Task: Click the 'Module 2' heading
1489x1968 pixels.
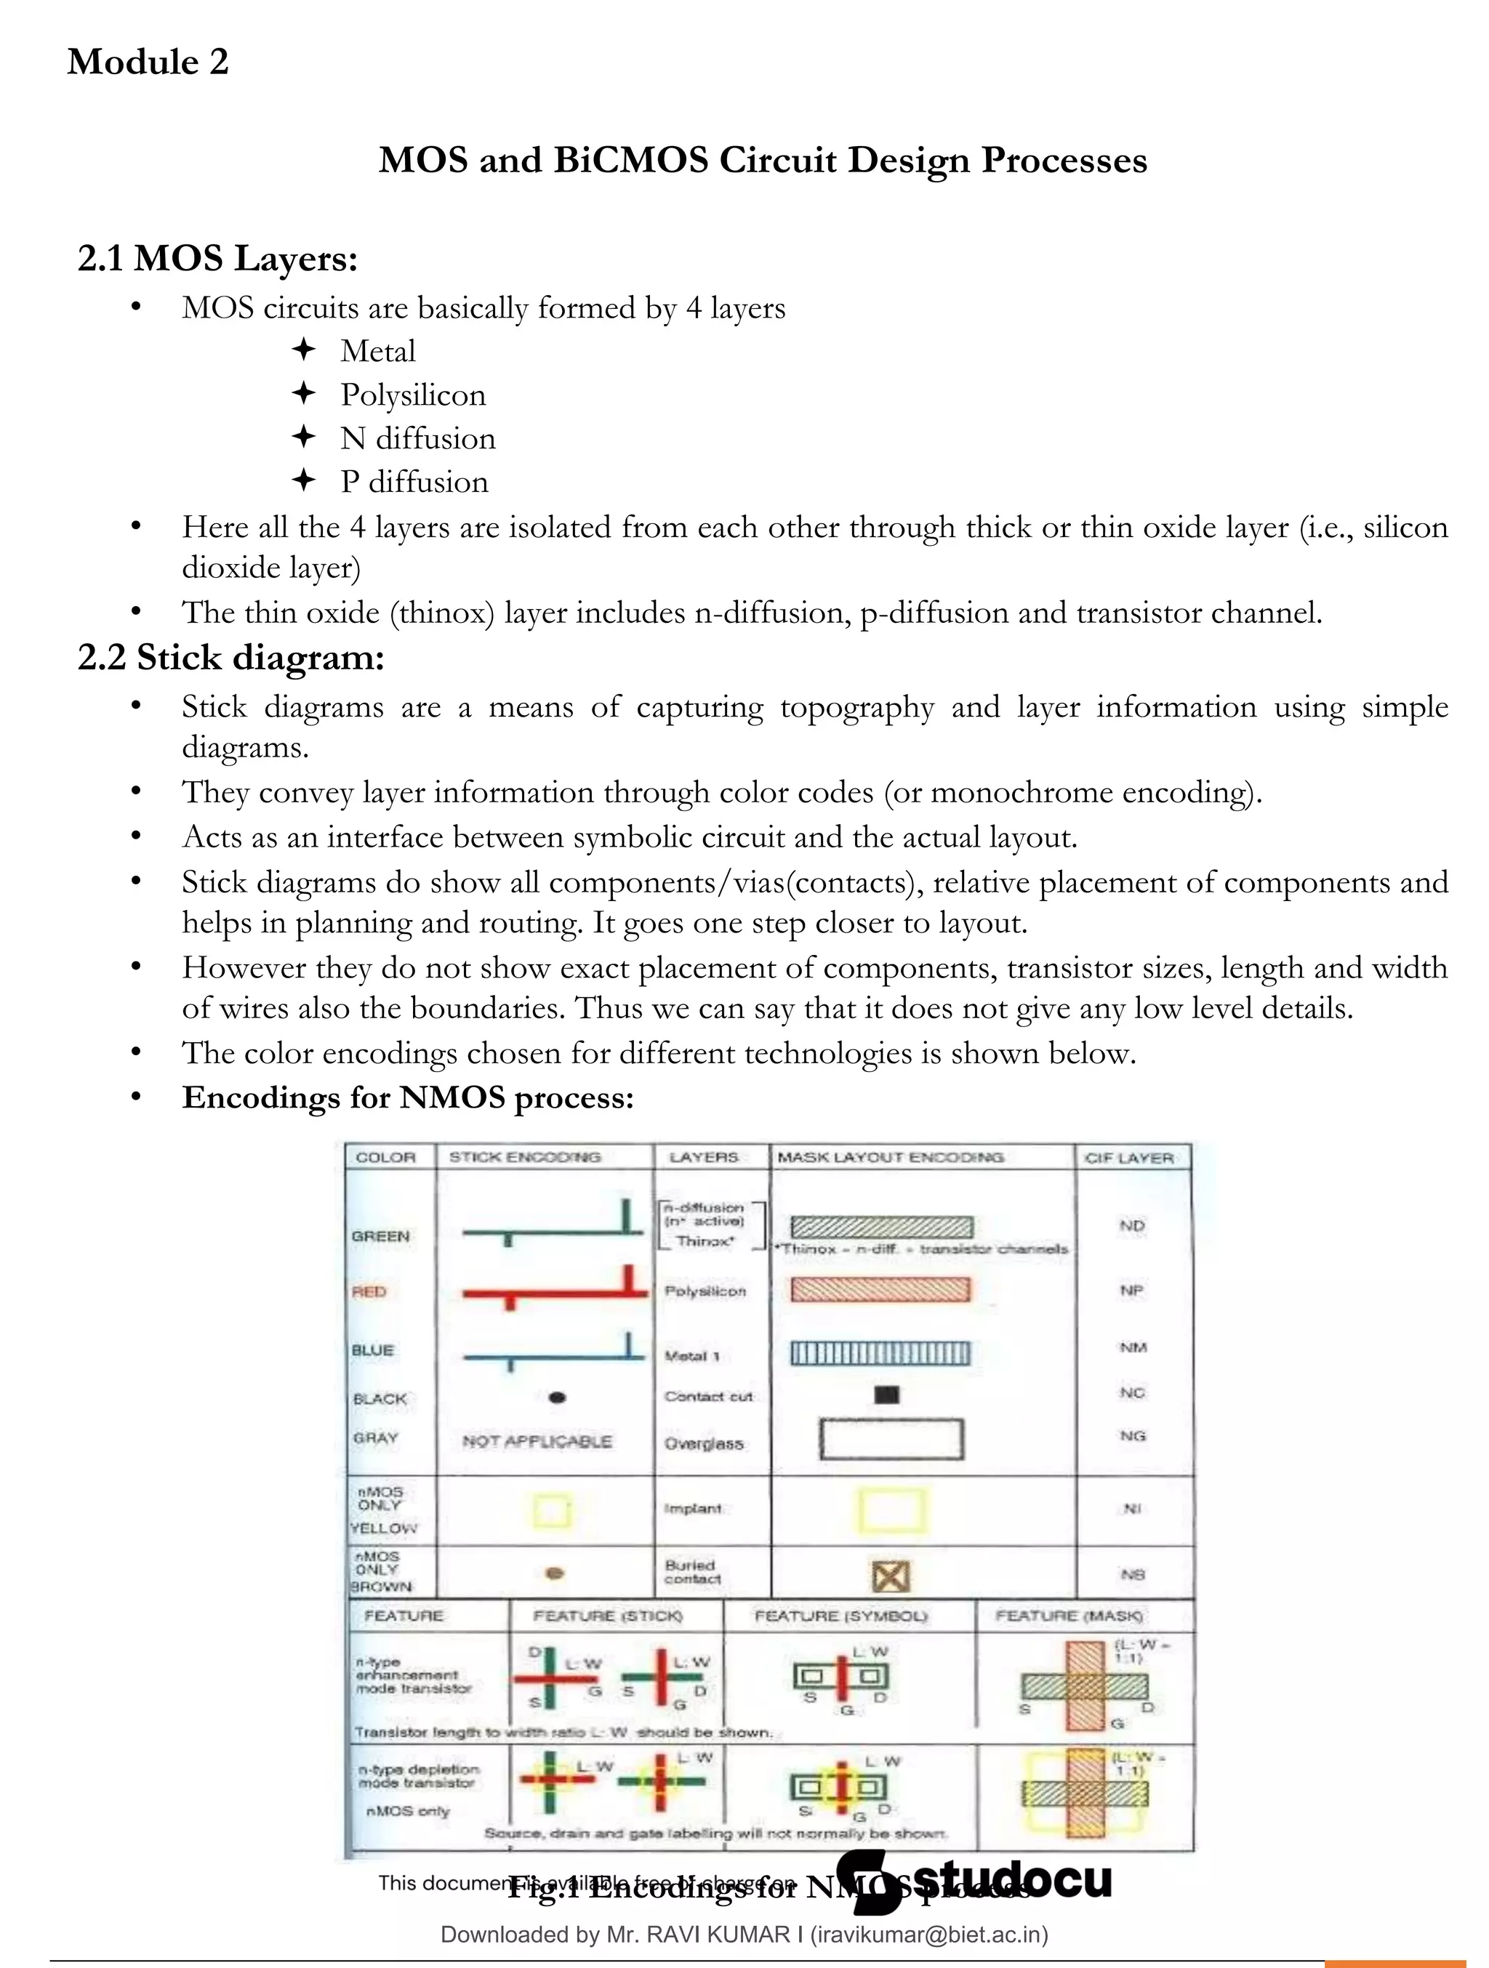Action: click(148, 62)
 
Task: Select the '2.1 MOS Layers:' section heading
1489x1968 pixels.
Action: click(217, 259)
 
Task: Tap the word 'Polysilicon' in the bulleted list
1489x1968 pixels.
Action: click(413, 395)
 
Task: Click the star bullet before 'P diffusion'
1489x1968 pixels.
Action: click(303, 481)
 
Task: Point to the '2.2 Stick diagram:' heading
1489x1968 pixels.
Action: click(230, 658)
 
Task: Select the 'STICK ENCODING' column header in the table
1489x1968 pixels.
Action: click(524, 1158)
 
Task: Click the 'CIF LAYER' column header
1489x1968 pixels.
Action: click(1128, 1158)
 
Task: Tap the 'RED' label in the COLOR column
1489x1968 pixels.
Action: click(369, 1292)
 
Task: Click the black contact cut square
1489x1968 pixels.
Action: click(886, 1394)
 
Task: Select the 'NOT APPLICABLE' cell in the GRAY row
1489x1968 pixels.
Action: click(537, 1441)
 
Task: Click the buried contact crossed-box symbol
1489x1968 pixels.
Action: click(890, 1576)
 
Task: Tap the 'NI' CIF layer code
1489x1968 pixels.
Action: click(1132, 1509)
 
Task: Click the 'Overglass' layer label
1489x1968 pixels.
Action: click(703, 1443)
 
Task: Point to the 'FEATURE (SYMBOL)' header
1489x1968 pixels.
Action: click(840, 1616)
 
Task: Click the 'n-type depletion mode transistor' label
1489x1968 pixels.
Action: click(418, 1776)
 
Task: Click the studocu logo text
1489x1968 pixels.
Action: click(1012, 1879)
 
